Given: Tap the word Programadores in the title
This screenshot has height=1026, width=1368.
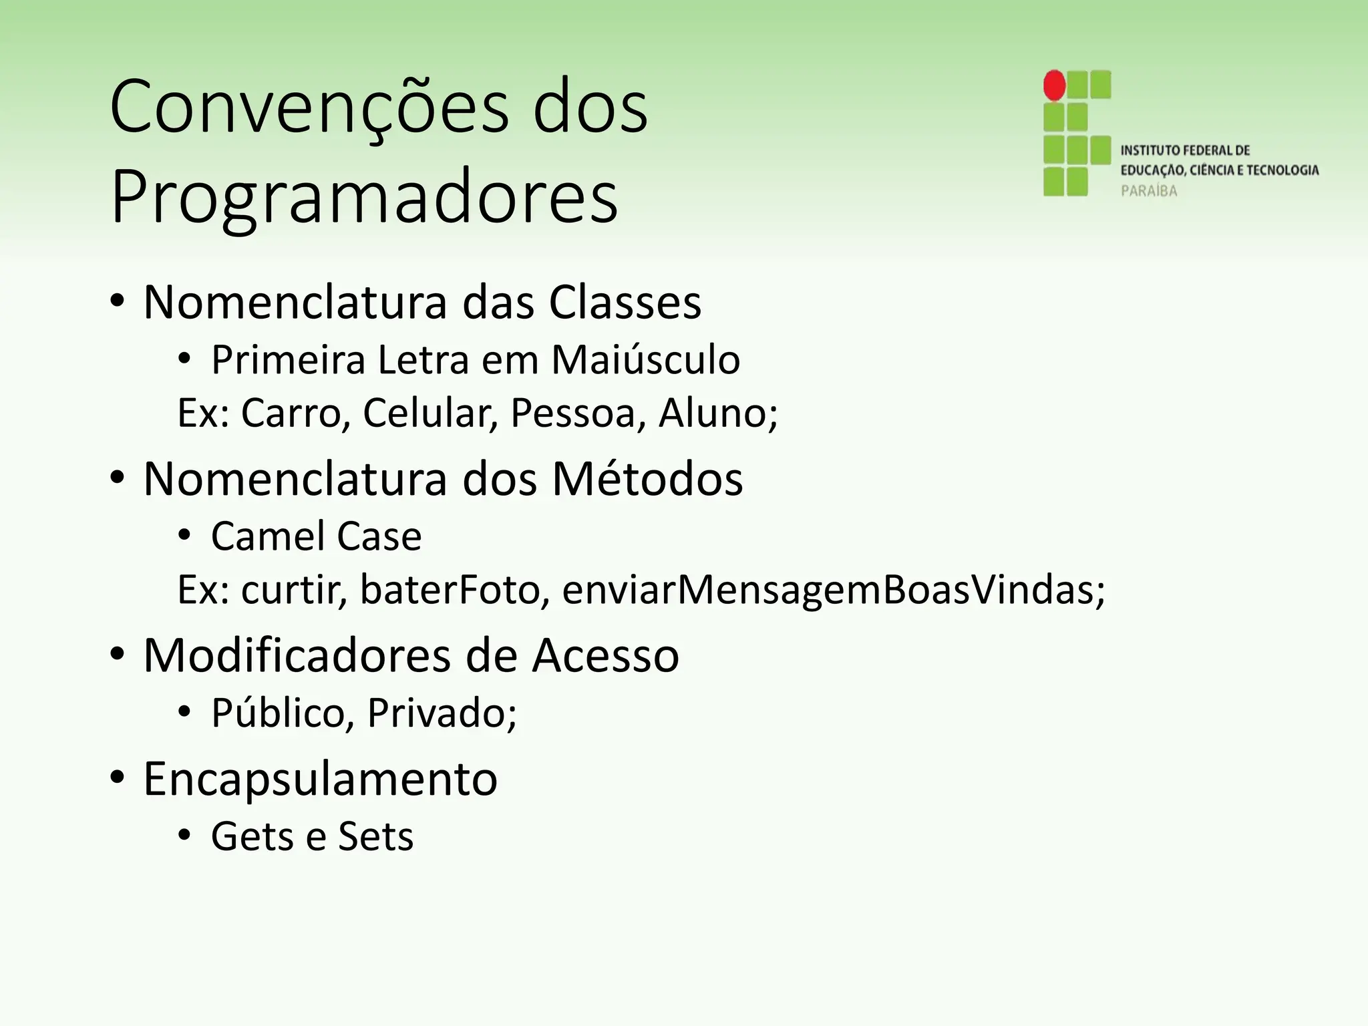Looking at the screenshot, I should [x=364, y=198].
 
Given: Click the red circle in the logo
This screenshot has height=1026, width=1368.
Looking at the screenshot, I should [x=1054, y=85].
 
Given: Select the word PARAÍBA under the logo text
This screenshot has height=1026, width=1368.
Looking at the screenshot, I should [x=1149, y=191].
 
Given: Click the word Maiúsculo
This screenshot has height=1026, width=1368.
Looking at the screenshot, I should [x=645, y=360].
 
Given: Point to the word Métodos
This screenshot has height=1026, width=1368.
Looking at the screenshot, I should [x=647, y=479].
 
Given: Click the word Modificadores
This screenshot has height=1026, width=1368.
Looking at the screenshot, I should [x=297, y=655].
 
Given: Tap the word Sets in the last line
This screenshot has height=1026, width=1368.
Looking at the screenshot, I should [x=375, y=836].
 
